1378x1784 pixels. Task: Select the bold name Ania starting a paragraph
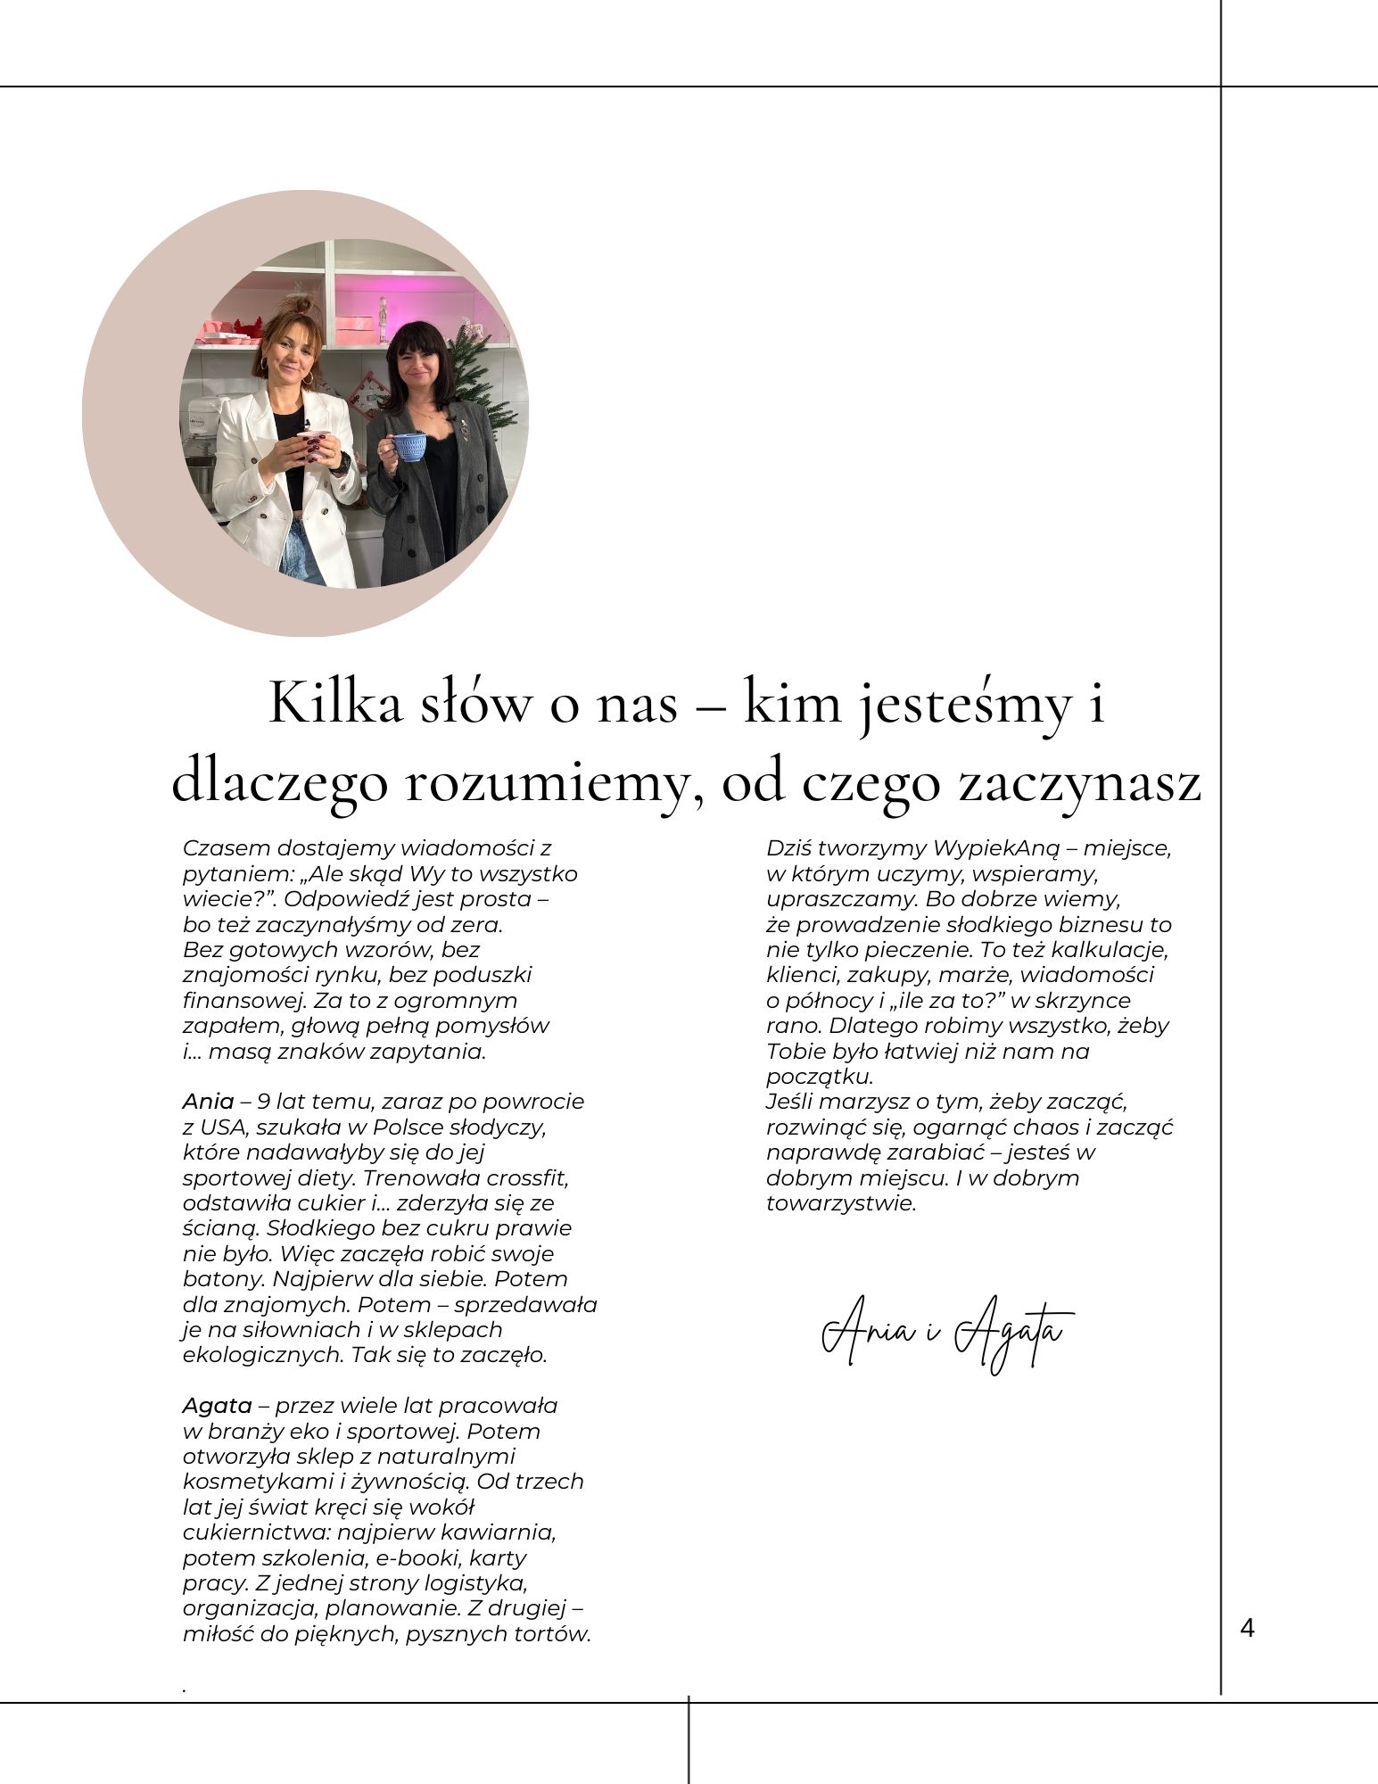click(208, 1101)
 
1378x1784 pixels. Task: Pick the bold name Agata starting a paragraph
click(217, 1405)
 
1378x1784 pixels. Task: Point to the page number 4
click(1247, 1628)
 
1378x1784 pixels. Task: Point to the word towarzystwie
click(840, 1202)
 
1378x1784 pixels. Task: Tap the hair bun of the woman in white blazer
click(302, 305)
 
